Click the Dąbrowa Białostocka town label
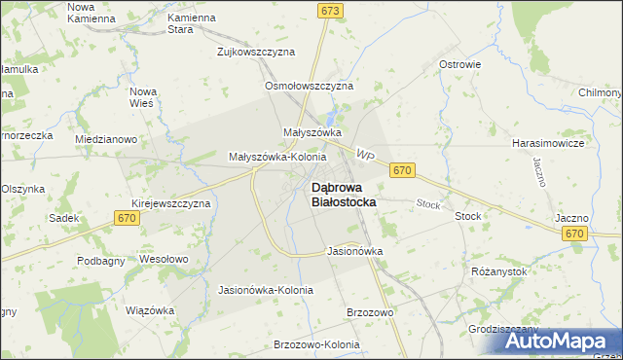pos(344,194)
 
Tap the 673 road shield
pos(331,10)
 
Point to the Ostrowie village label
pos(460,64)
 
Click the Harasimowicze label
pos(547,142)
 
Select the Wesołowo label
pos(164,260)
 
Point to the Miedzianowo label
pos(105,139)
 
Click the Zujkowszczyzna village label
pos(256,51)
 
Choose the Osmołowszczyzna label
pos(309,86)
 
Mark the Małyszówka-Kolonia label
pos(276,156)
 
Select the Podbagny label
pos(101,261)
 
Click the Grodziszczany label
pos(502,329)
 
